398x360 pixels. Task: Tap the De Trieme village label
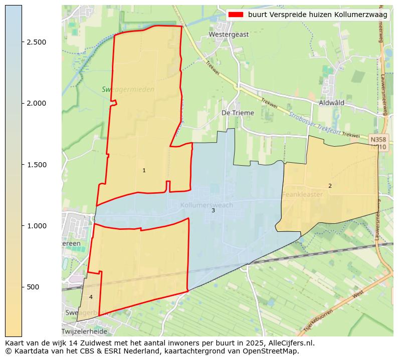point(238,113)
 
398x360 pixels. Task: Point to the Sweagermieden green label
point(128,90)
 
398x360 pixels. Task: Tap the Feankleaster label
point(302,194)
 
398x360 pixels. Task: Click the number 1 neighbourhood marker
point(144,171)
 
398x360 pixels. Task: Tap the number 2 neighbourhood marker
point(330,186)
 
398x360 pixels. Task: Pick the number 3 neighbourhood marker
point(213,211)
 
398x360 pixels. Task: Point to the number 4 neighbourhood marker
point(91,297)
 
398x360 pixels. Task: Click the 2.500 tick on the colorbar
point(36,42)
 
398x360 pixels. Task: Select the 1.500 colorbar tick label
point(36,165)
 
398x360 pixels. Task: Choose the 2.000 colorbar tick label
point(36,103)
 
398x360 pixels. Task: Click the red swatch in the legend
point(236,15)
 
